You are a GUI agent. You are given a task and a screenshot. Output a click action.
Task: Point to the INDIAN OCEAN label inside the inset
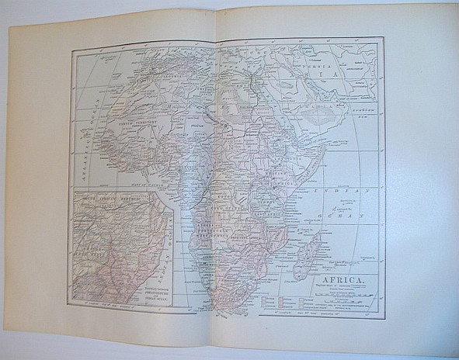[x=159, y=241]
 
